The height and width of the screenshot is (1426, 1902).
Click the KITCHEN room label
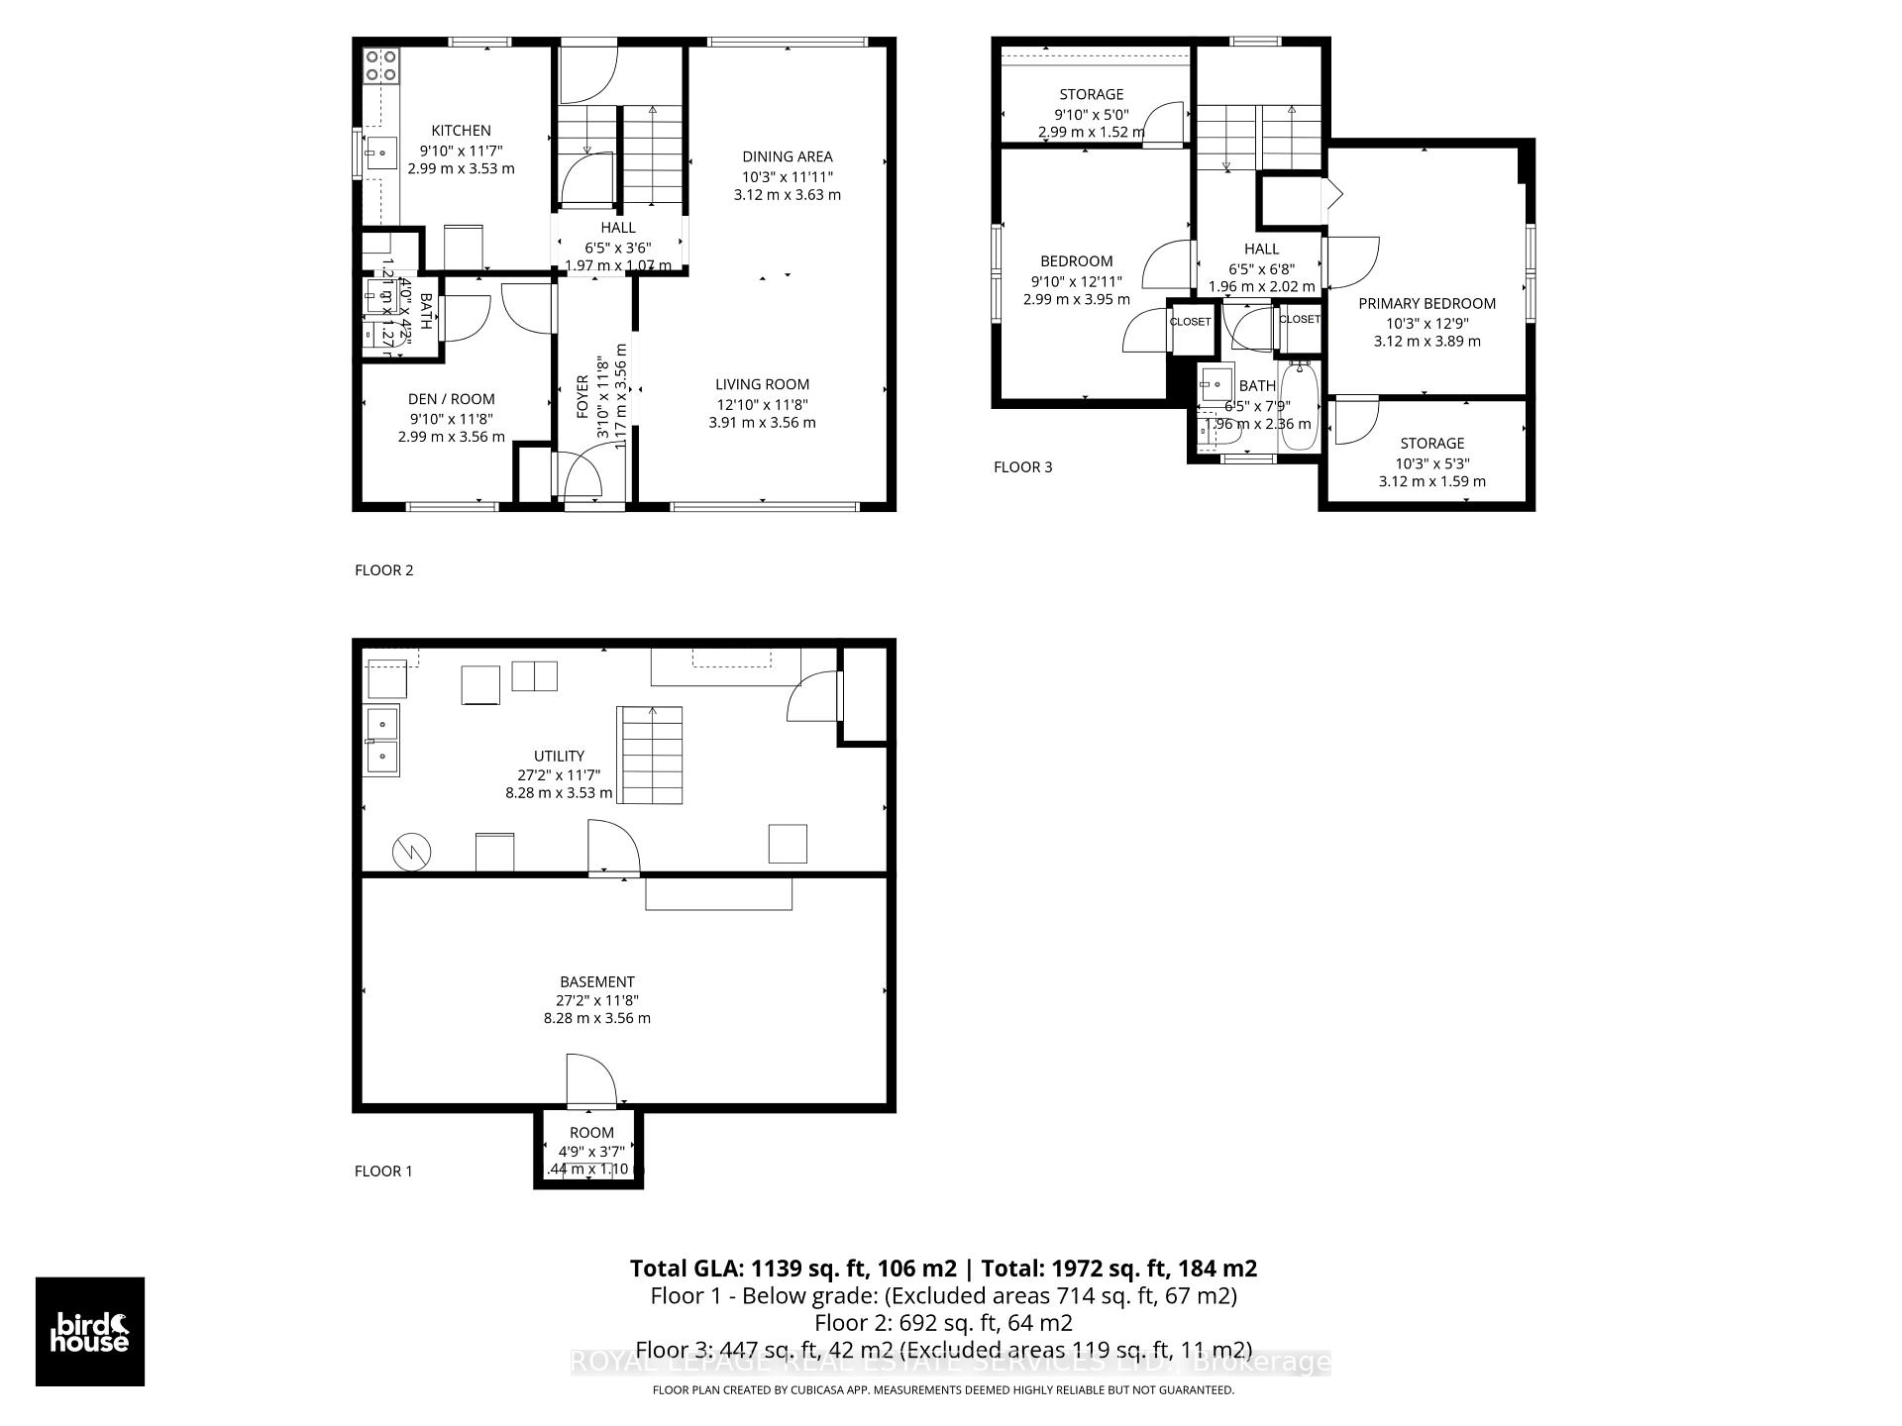tap(461, 131)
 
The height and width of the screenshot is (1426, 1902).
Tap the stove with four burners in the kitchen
tap(381, 66)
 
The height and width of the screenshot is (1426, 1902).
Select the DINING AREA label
tap(788, 156)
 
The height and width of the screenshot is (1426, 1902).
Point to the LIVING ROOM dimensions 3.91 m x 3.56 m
tap(762, 423)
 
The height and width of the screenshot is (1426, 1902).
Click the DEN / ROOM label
tap(451, 399)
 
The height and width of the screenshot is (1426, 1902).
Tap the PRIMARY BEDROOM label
tap(1426, 304)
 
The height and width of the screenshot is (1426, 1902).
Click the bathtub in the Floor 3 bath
tap(1299, 407)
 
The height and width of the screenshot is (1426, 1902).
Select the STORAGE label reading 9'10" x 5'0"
tap(1091, 95)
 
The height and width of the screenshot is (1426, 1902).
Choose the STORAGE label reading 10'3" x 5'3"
tap(1431, 444)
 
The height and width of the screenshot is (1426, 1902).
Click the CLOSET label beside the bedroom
tap(1190, 322)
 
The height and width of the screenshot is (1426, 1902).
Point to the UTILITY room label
tap(559, 756)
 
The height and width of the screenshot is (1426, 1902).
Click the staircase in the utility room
tap(650, 756)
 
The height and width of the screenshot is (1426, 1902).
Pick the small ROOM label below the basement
tap(591, 1133)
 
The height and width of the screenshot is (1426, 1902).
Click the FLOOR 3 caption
tap(1022, 467)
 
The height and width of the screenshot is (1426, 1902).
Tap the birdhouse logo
tap(90, 1332)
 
